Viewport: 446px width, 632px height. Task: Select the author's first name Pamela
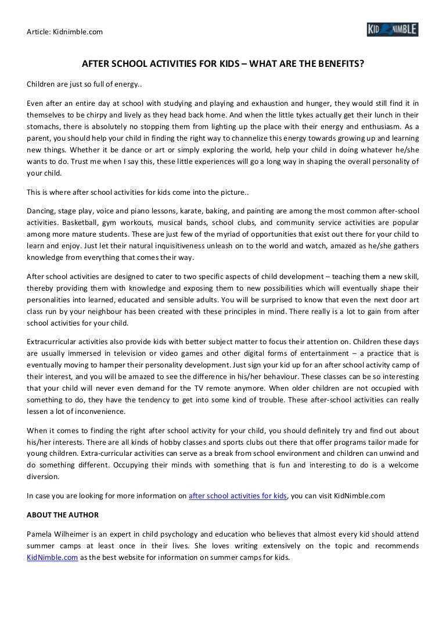[x=40, y=534]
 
